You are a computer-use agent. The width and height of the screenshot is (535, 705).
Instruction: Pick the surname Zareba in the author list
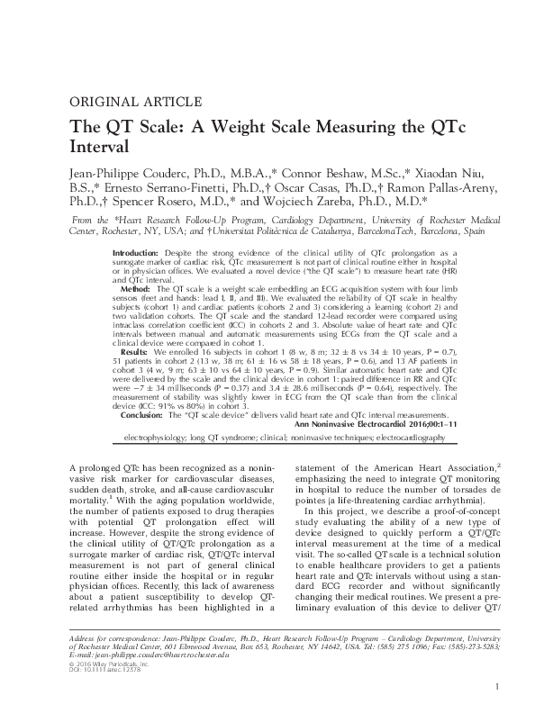pos(378,205)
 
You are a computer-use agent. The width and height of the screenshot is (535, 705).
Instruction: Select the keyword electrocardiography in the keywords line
pos(401,437)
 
